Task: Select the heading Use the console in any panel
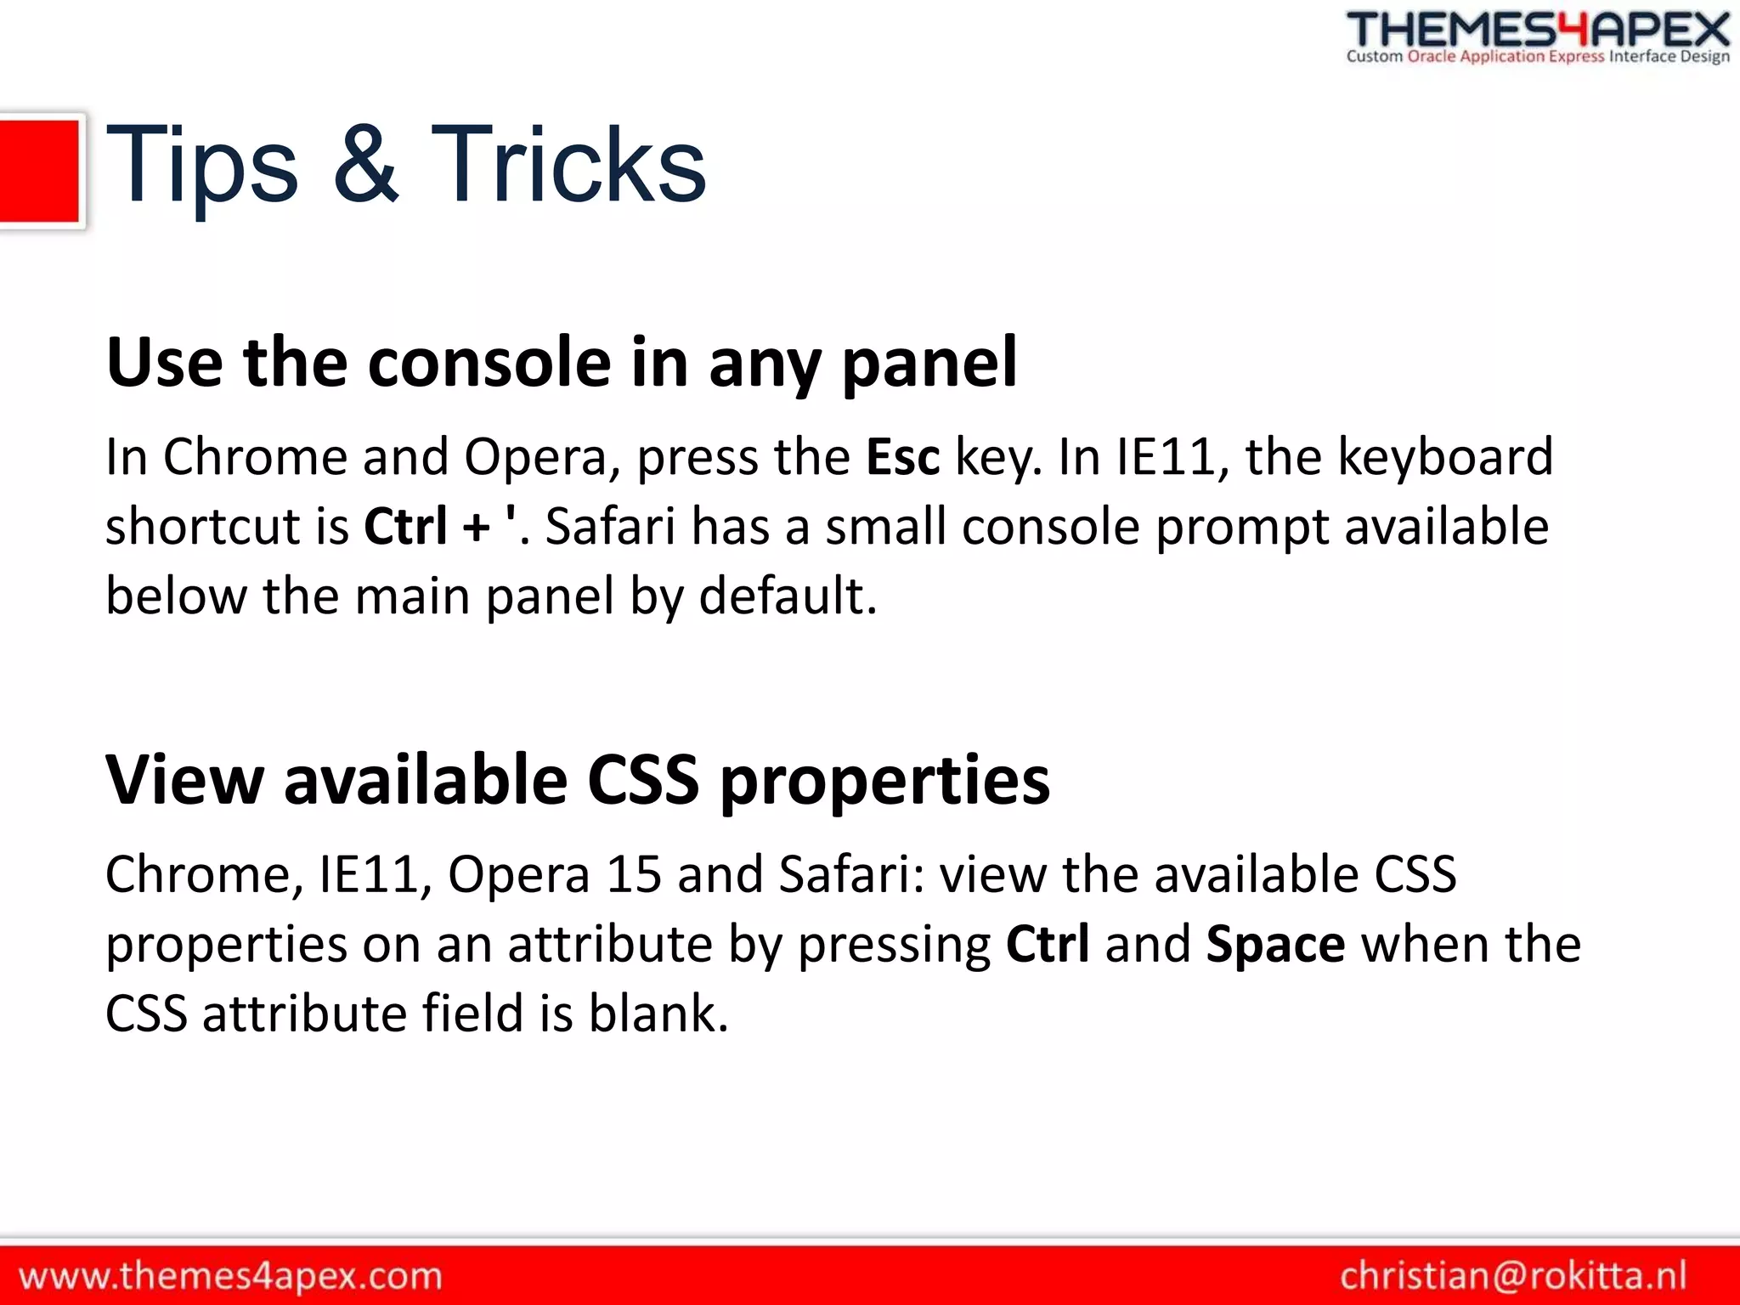point(561,363)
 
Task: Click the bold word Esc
point(902,457)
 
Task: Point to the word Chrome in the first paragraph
point(255,457)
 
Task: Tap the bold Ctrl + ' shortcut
point(439,526)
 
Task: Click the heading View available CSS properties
point(578,780)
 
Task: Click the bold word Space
point(1275,944)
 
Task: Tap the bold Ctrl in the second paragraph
point(1047,944)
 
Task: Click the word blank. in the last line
point(658,1014)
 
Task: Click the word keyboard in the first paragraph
point(1444,457)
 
